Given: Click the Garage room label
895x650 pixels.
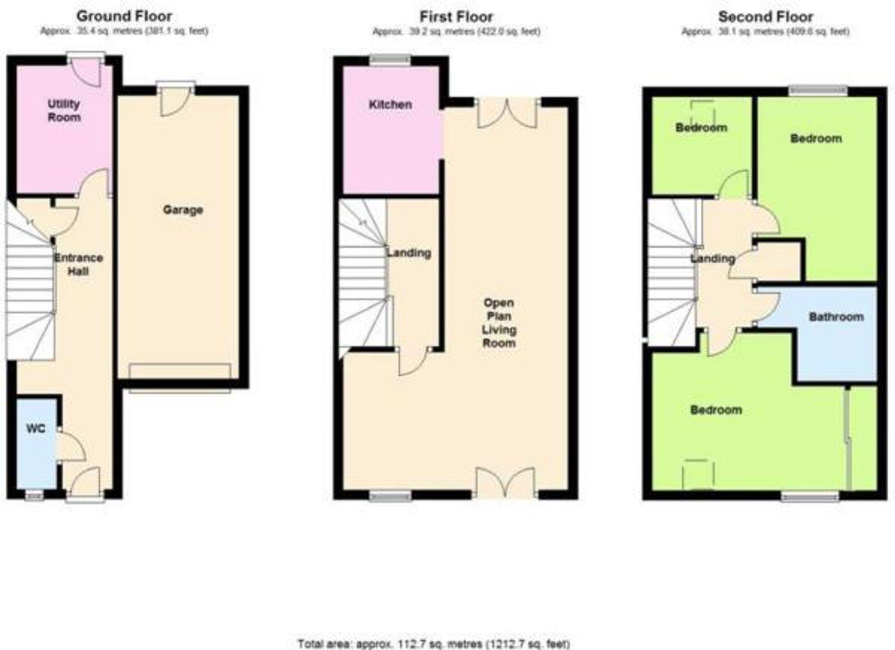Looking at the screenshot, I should coord(183,210).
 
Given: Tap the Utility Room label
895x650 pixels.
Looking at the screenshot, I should coord(64,110).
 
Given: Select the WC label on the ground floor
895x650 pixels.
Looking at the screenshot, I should coord(36,429).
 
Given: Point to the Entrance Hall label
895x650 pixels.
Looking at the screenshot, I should coord(78,264).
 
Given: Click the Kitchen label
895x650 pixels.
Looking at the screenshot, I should coord(390,105).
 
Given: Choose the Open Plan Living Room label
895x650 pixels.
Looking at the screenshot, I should coord(499,323).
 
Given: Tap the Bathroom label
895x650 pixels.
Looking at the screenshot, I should coord(836,317).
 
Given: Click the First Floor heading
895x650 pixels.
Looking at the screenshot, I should coord(456,17).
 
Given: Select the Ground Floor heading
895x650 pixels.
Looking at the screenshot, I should coord(124,16).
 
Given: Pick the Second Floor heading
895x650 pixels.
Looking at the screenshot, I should coord(765,17).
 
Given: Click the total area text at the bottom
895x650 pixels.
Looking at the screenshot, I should coord(434,644).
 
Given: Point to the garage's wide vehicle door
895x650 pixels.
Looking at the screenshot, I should coord(180,378).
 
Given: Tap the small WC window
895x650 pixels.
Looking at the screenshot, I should coord(34,495).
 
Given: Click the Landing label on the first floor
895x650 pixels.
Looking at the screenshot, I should coord(409,253).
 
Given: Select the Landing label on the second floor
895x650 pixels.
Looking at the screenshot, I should coord(712,259).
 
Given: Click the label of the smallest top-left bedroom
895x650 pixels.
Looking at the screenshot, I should coord(701,128).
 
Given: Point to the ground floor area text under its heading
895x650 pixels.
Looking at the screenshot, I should coord(124,31).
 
